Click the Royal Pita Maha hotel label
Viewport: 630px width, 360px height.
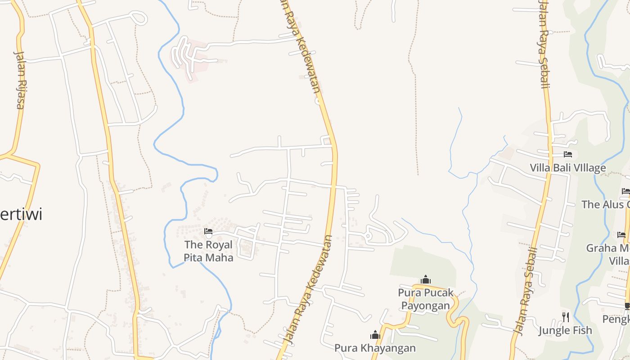[x=208, y=251]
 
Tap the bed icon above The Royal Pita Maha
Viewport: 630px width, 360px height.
[x=208, y=231]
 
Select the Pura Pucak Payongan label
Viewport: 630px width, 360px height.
[x=425, y=299]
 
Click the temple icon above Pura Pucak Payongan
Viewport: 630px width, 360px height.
[x=425, y=279]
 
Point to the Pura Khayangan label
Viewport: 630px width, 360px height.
[x=375, y=348]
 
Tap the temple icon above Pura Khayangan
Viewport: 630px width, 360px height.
[x=375, y=334]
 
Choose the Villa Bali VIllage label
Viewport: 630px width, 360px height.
[x=567, y=168]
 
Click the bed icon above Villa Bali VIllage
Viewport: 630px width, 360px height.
[x=568, y=154]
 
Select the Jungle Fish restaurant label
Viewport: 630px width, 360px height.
[x=565, y=331]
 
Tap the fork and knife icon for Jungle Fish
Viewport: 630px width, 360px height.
[x=565, y=317]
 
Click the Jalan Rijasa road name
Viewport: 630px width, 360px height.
[x=20, y=80]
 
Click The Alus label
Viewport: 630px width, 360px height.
[x=605, y=204]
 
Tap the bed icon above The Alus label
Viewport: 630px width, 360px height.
[x=625, y=191]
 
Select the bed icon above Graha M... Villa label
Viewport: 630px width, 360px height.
[x=621, y=234]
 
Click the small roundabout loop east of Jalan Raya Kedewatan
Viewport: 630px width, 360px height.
[x=368, y=235]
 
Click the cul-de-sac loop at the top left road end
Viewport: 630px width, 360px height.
[x=139, y=18]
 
